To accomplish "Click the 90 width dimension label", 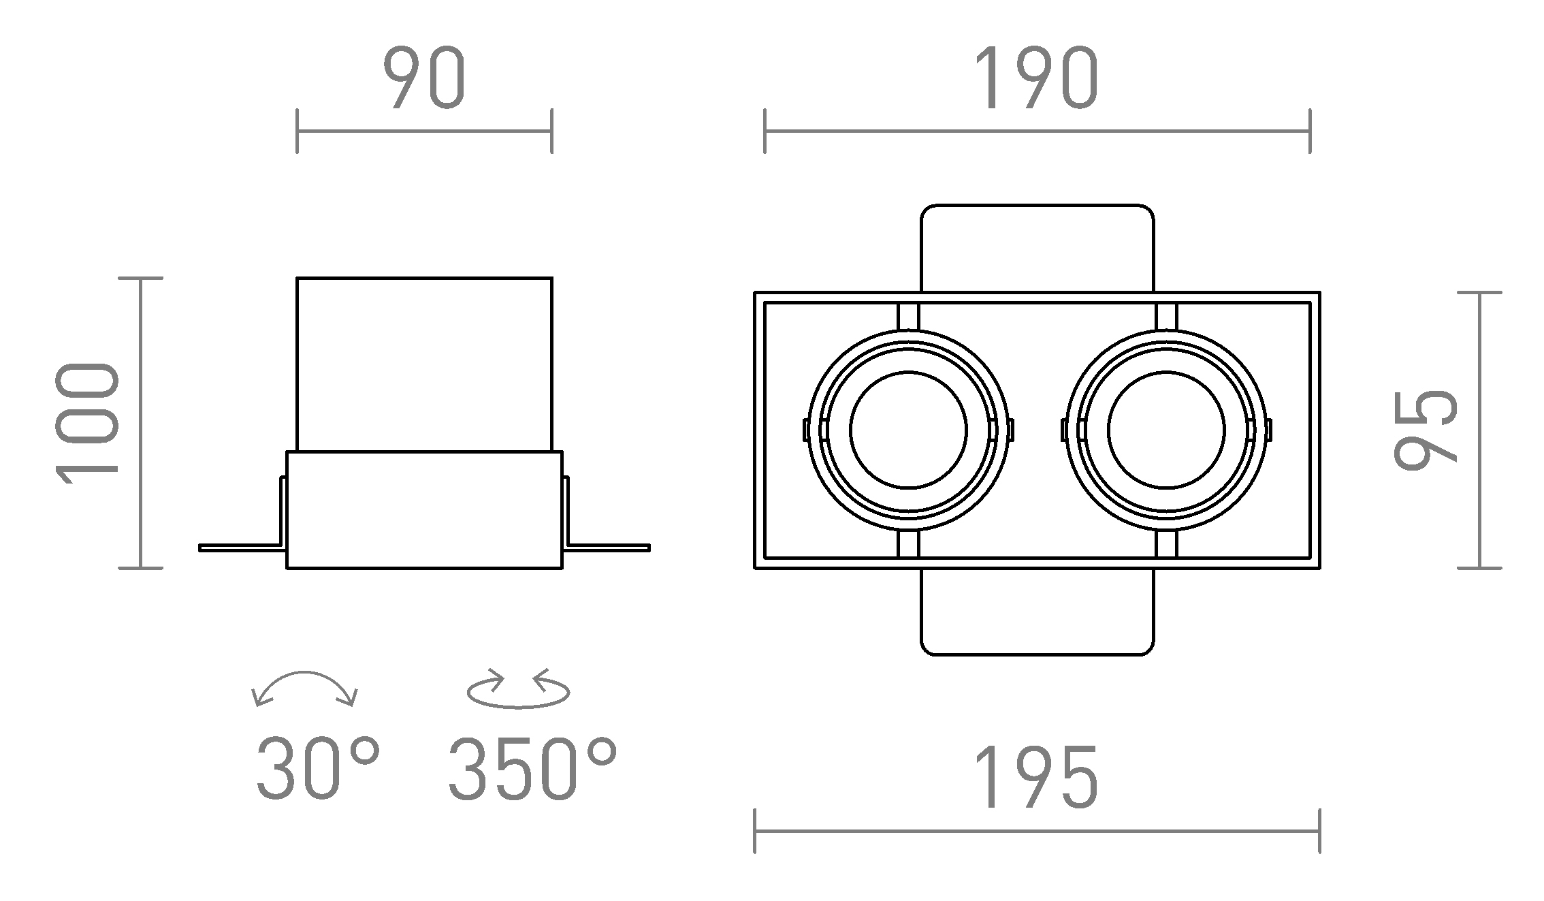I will [x=423, y=79].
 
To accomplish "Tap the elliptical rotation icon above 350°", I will [x=518, y=691].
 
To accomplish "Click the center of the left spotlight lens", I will [x=908, y=430].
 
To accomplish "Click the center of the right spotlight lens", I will [x=1166, y=430].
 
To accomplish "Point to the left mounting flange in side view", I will [x=242, y=548].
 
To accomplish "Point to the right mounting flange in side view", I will [x=608, y=548].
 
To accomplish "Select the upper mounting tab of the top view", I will [x=1037, y=248].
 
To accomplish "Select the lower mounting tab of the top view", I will [x=1037, y=612].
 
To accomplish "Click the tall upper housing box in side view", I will [x=424, y=364].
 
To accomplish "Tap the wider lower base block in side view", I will [x=424, y=509].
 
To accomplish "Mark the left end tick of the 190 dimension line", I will [x=765, y=131].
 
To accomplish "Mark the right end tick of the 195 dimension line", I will [x=1319, y=831].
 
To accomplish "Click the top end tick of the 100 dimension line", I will [x=141, y=278].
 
